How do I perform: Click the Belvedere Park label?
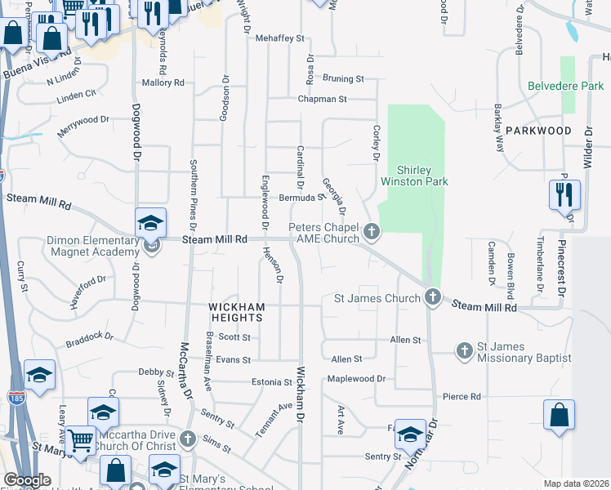[x=565, y=86]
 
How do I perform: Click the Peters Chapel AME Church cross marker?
[x=372, y=232]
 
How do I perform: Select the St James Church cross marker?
[x=433, y=297]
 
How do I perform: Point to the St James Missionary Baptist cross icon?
[x=464, y=350]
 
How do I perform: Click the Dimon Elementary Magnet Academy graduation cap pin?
[x=151, y=223]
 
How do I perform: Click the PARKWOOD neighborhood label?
[x=537, y=131]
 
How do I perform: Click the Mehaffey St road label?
[x=279, y=38]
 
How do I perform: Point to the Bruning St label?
[x=343, y=79]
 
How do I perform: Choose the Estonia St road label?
[x=271, y=381]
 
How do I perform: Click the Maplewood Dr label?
[x=356, y=379]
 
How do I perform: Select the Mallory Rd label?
[x=163, y=82]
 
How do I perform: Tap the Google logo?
[x=27, y=480]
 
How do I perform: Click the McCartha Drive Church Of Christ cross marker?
[x=188, y=439]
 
